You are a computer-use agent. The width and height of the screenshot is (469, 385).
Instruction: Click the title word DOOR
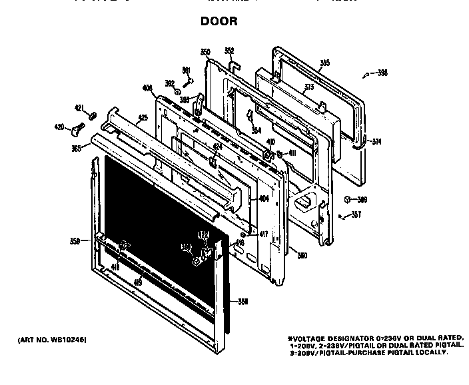[219, 22]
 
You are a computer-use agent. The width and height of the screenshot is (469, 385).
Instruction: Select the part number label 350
[205, 52]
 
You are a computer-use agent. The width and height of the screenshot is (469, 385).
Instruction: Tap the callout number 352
[229, 51]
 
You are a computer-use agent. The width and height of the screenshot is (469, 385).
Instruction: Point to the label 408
[147, 87]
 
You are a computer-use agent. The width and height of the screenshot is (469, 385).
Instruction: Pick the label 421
[79, 108]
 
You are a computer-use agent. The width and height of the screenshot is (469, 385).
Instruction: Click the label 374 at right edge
[376, 141]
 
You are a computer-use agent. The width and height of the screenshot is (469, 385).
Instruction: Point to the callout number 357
[357, 214]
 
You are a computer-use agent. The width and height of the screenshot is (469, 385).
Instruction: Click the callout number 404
[264, 198]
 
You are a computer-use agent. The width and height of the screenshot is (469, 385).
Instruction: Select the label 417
[264, 234]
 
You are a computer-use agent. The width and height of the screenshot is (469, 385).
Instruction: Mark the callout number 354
[256, 131]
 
